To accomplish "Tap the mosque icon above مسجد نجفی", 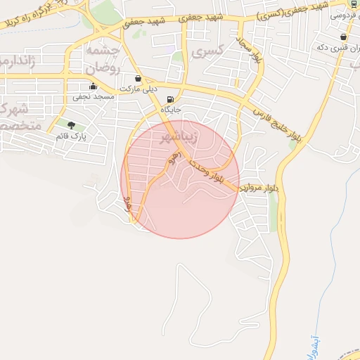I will click(x=94, y=87).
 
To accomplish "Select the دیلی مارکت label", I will click(x=136, y=89).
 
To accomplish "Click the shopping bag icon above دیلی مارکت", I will click(x=137, y=78).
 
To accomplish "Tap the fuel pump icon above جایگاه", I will click(x=171, y=99).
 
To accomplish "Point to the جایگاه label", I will click(x=172, y=110).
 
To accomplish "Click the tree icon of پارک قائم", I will click(x=70, y=125).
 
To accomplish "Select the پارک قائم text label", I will click(x=71, y=136).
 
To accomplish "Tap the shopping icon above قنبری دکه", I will click(x=343, y=37).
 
